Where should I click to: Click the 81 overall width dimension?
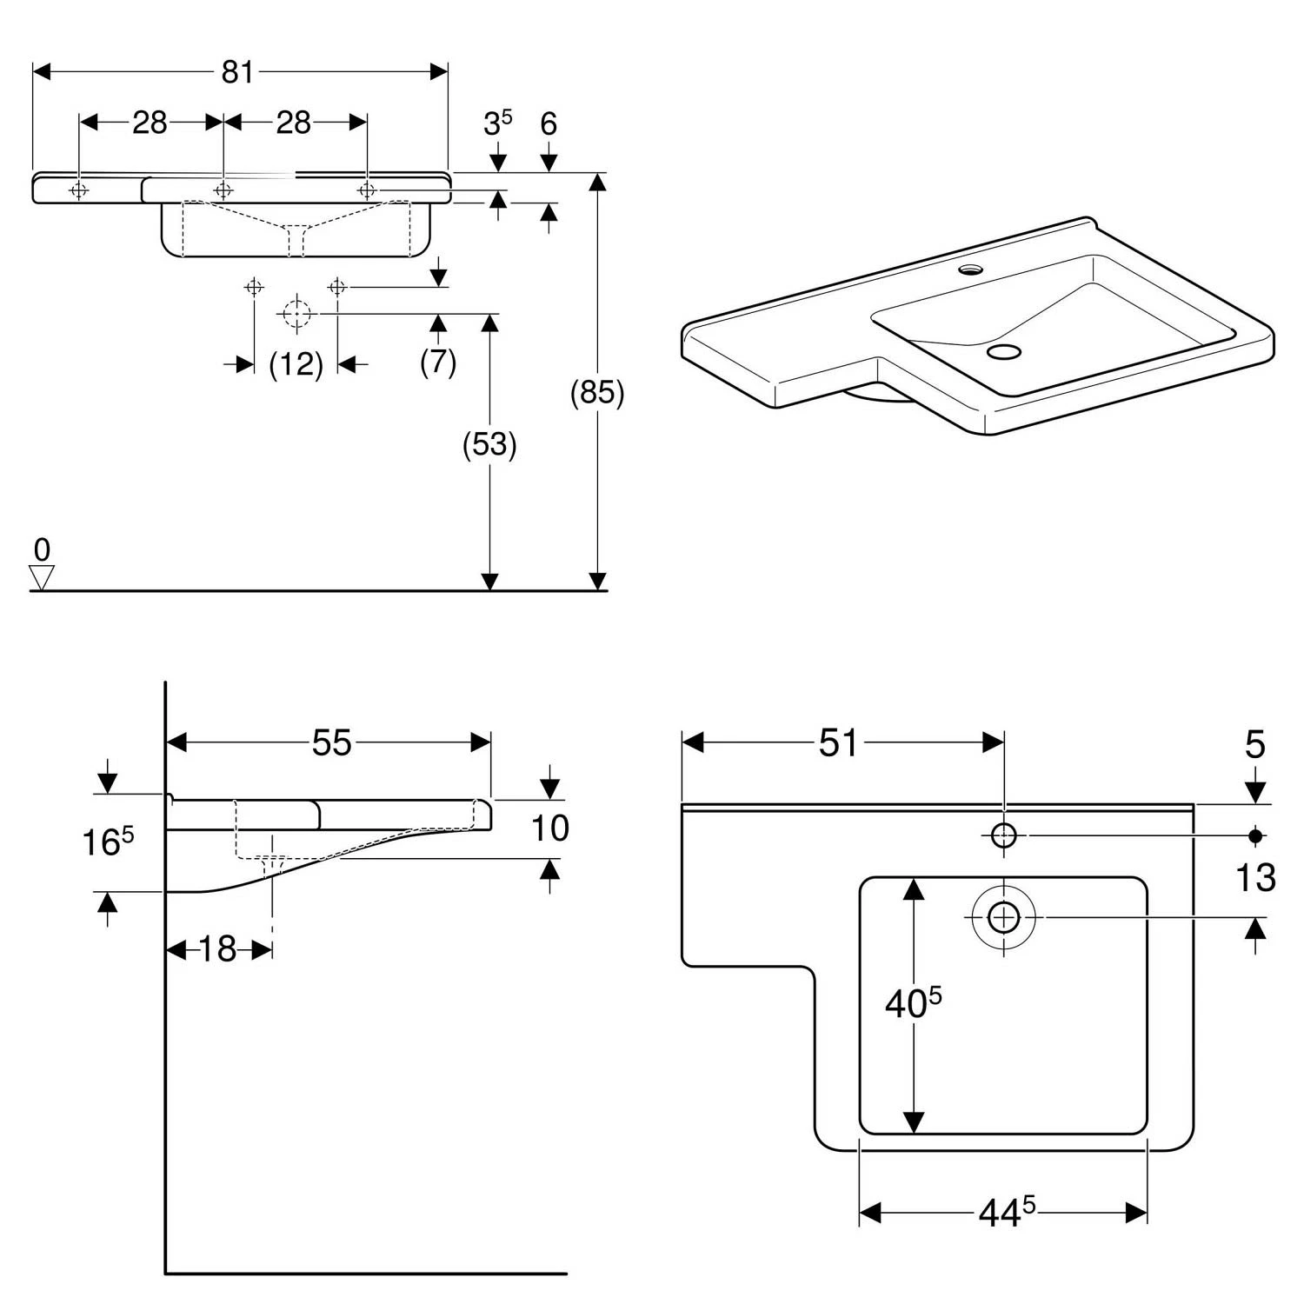tap(236, 72)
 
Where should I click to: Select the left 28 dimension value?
tap(150, 123)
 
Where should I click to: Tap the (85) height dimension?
tap(597, 393)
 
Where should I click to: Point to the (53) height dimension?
tap(489, 444)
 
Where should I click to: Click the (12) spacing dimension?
tap(296, 364)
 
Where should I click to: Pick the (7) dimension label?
tap(438, 361)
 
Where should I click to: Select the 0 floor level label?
tap(42, 549)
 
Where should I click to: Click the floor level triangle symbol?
tap(42, 577)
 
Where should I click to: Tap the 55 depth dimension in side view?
tap(331, 742)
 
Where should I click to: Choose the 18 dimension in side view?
tap(217, 949)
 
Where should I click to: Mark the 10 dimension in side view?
tap(549, 828)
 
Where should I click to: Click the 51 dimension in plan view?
tap(838, 742)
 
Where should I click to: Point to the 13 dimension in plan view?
tap(1254, 878)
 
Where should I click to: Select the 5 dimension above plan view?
tap(1254, 745)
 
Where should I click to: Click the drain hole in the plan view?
tap(1004, 917)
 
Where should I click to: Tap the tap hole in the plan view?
tap(1004, 835)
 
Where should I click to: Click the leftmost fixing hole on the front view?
tap(79, 190)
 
